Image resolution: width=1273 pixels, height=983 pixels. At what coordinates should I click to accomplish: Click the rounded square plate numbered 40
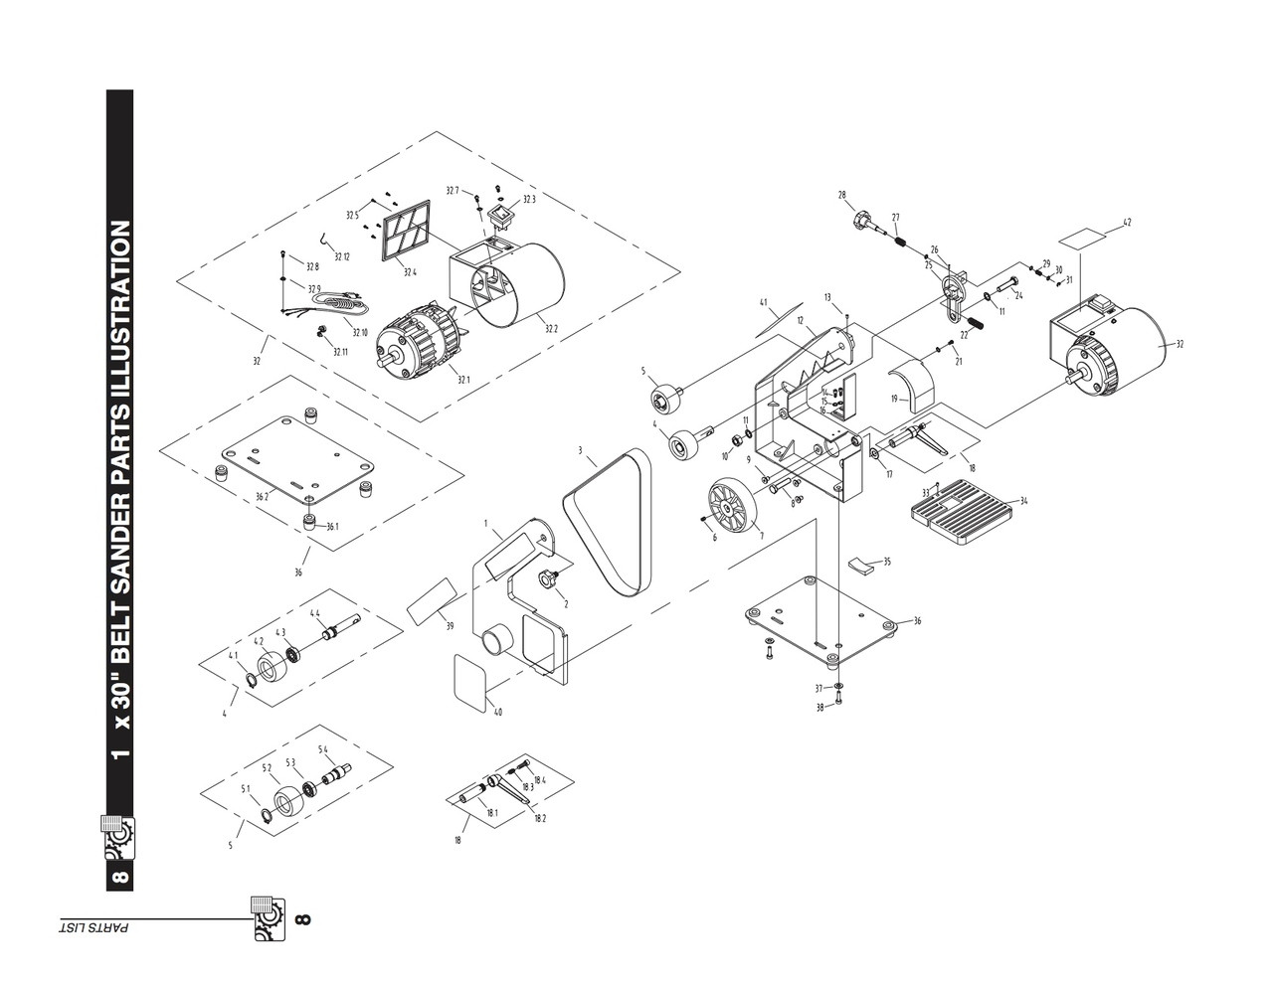click(471, 681)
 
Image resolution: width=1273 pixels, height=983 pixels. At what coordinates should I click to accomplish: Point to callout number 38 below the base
click(820, 708)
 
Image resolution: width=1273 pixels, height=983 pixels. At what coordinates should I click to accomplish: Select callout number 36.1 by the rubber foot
click(332, 527)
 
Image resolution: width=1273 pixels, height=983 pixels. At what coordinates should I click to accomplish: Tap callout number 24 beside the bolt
click(1018, 295)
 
